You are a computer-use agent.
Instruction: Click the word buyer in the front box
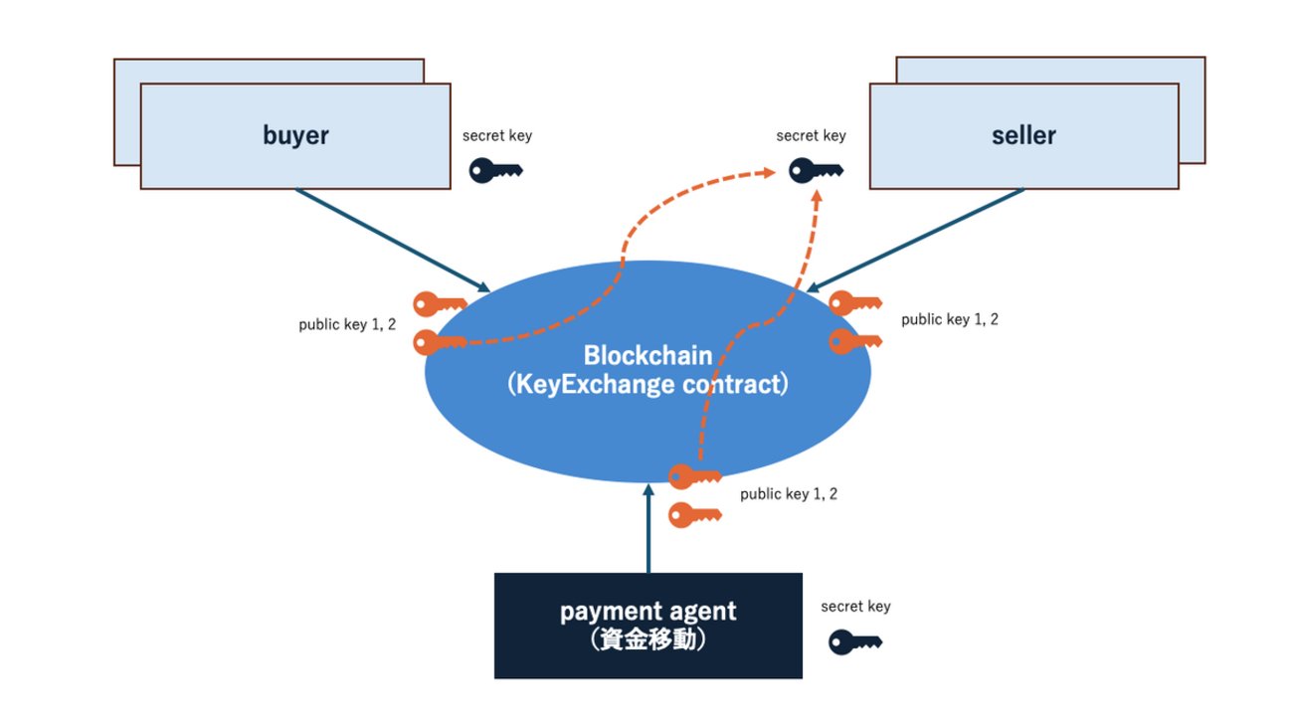pos(296,136)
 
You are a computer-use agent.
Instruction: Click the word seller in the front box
pos(1023,136)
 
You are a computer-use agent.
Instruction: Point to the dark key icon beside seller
pos(816,171)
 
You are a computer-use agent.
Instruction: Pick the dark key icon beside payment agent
pos(855,641)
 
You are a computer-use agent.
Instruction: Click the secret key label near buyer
pos(496,136)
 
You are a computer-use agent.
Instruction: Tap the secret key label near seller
pos(811,136)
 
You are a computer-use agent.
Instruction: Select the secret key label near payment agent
pos(855,606)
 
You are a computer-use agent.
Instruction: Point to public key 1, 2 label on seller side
pos(950,319)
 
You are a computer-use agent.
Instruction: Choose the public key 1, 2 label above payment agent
pos(789,493)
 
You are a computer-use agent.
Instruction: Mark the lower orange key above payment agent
pos(694,515)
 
